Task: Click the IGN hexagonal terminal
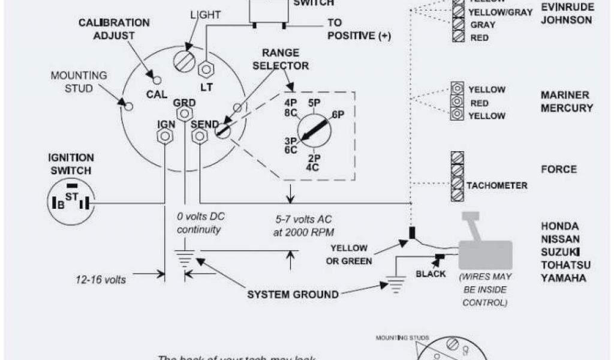tap(164, 136)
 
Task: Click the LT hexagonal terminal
tap(206, 69)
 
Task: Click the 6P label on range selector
tap(338, 115)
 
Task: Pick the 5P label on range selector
tap(313, 103)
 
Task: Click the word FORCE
tap(559, 169)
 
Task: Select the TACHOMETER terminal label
tap(496, 185)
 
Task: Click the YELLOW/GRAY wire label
tap(500, 12)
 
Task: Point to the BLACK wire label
tap(431, 274)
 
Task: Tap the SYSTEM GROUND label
tap(293, 294)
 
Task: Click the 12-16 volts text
tap(101, 279)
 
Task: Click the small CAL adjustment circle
tap(158, 80)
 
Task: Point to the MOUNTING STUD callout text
tap(79, 82)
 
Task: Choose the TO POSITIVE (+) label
tap(359, 29)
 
